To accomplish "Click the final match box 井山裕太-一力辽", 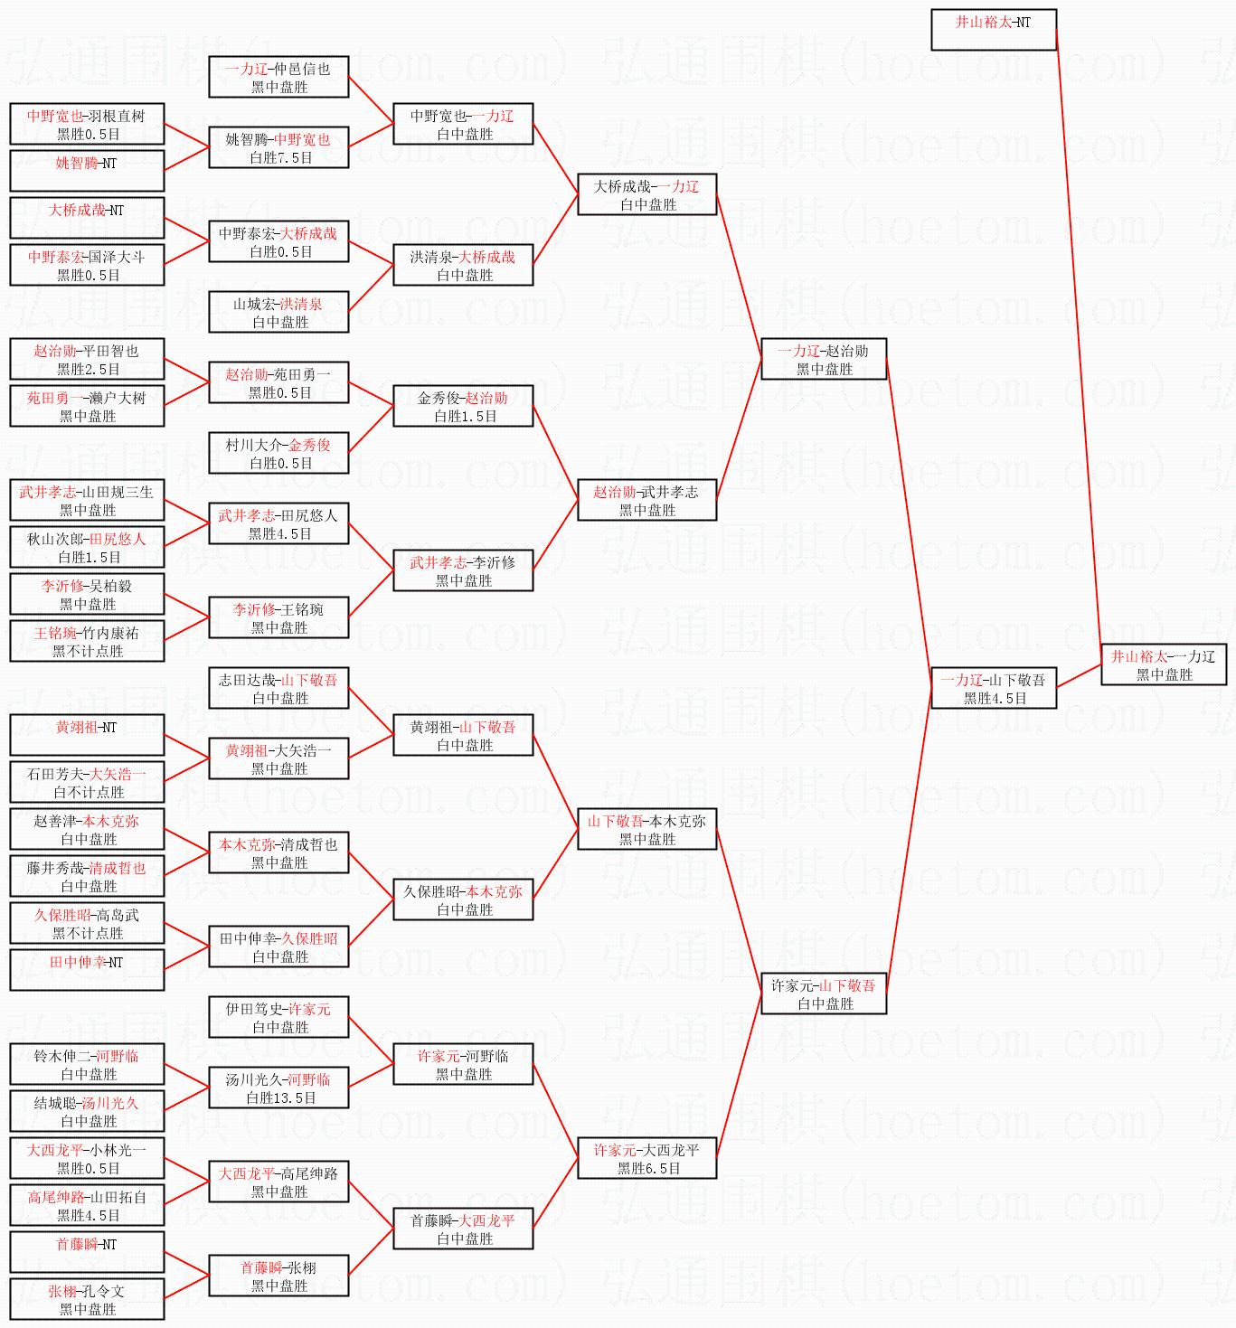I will click(x=1163, y=664).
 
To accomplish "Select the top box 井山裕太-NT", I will click(x=993, y=30).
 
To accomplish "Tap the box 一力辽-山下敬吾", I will click(x=993, y=688).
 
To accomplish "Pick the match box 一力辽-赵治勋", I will click(x=823, y=359).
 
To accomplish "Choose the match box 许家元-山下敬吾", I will click(x=823, y=994).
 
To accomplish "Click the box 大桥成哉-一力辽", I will click(x=646, y=194).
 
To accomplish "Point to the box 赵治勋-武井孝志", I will click(x=646, y=500).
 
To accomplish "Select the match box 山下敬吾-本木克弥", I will click(x=646, y=829).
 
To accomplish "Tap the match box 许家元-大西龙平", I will click(x=646, y=1158).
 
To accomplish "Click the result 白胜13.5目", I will click(x=281, y=1098).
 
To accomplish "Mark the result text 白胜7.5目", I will click(x=281, y=158).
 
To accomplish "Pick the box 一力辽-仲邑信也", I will click(x=278, y=77).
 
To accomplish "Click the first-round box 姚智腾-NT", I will click(x=87, y=171).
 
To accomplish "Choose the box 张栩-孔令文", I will click(x=87, y=1299).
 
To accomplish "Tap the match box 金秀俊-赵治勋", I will click(x=463, y=406).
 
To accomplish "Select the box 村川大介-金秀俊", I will click(x=278, y=453).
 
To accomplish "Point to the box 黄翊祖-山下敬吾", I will click(x=463, y=735).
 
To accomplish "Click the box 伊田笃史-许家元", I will click(x=278, y=1017).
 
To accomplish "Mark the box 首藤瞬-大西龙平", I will click(x=463, y=1229).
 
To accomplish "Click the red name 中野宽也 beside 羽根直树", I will click(x=55, y=116).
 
